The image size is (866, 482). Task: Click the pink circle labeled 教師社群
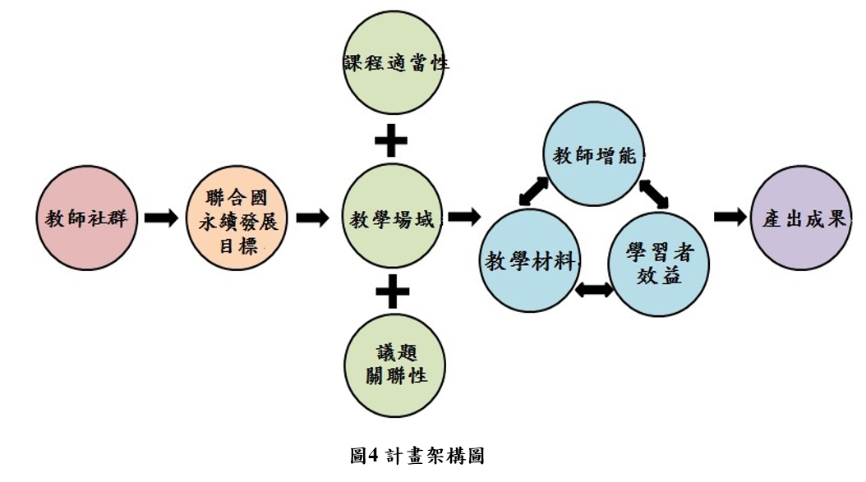point(87,218)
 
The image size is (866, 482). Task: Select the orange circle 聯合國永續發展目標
point(237,218)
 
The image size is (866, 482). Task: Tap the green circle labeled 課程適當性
point(395,64)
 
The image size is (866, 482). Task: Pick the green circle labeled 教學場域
point(394,218)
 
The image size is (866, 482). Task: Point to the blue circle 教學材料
point(532,260)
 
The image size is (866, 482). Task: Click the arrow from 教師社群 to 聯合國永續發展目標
point(161,218)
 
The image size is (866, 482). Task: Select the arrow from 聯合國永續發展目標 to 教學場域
point(313,218)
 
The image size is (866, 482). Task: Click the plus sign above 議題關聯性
point(393,291)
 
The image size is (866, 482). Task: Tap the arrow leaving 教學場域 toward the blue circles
point(464,217)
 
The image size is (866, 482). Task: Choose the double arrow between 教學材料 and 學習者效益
point(596,290)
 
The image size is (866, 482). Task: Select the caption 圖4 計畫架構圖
point(417,455)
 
